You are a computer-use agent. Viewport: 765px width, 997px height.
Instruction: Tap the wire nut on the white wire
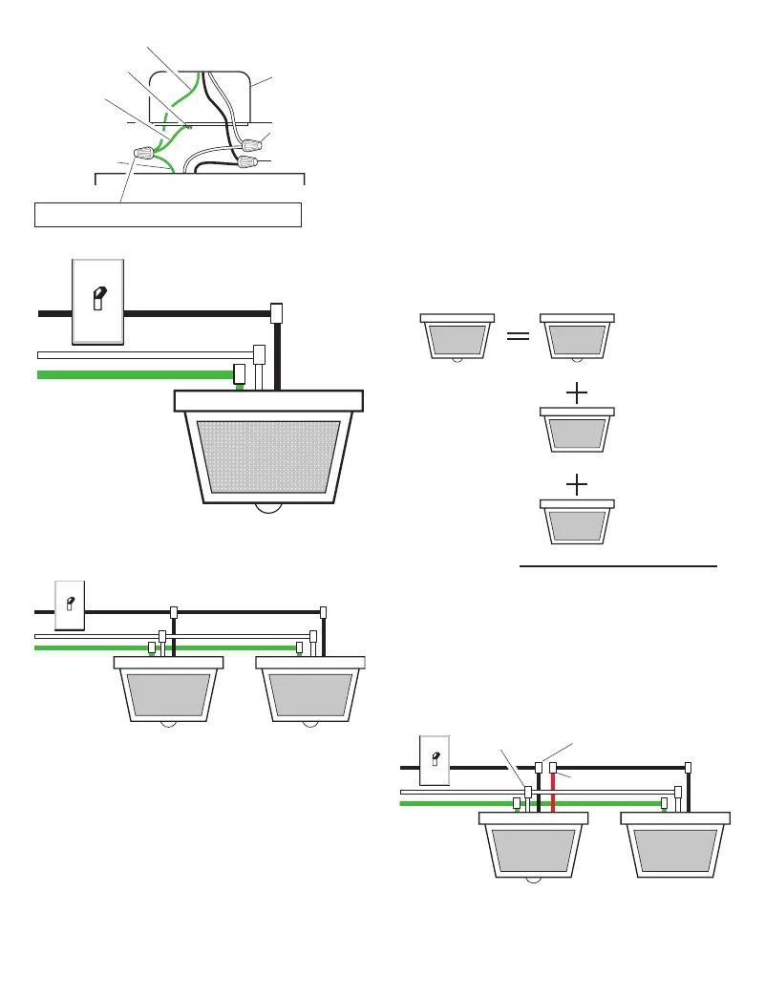click(253, 146)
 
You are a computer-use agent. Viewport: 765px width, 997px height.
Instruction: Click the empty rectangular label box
click(168, 214)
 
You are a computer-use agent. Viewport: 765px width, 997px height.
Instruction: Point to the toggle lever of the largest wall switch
click(97, 299)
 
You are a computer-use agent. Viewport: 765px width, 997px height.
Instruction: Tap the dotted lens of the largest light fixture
click(267, 456)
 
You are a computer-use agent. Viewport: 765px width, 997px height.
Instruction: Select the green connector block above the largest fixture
click(241, 372)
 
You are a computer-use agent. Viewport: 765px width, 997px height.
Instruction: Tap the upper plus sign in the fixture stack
click(578, 392)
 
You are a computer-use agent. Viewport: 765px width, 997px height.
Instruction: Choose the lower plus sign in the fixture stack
click(578, 485)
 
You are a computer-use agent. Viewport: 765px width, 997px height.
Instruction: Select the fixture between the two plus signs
click(577, 430)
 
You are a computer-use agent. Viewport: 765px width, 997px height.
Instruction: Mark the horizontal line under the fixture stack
click(617, 566)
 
